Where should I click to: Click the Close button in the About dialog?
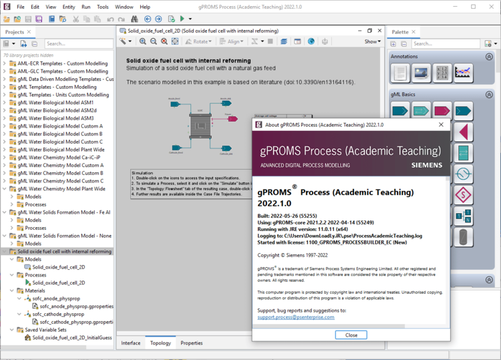[351, 335]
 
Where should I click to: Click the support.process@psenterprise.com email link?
[296, 317]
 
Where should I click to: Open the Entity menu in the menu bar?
[69, 7]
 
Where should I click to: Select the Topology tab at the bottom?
[160, 343]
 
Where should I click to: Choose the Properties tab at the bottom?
[192, 343]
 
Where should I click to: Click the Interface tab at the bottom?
[131, 343]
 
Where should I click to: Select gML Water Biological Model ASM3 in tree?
[55, 118]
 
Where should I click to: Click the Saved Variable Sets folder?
[46, 329]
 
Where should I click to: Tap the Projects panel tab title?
[15, 31]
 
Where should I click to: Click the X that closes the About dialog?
[441, 124]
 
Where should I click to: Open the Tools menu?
[103, 7]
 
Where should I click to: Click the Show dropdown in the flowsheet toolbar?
[373, 41]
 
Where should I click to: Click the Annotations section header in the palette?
[405, 57]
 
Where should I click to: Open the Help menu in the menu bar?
[145, 7]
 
